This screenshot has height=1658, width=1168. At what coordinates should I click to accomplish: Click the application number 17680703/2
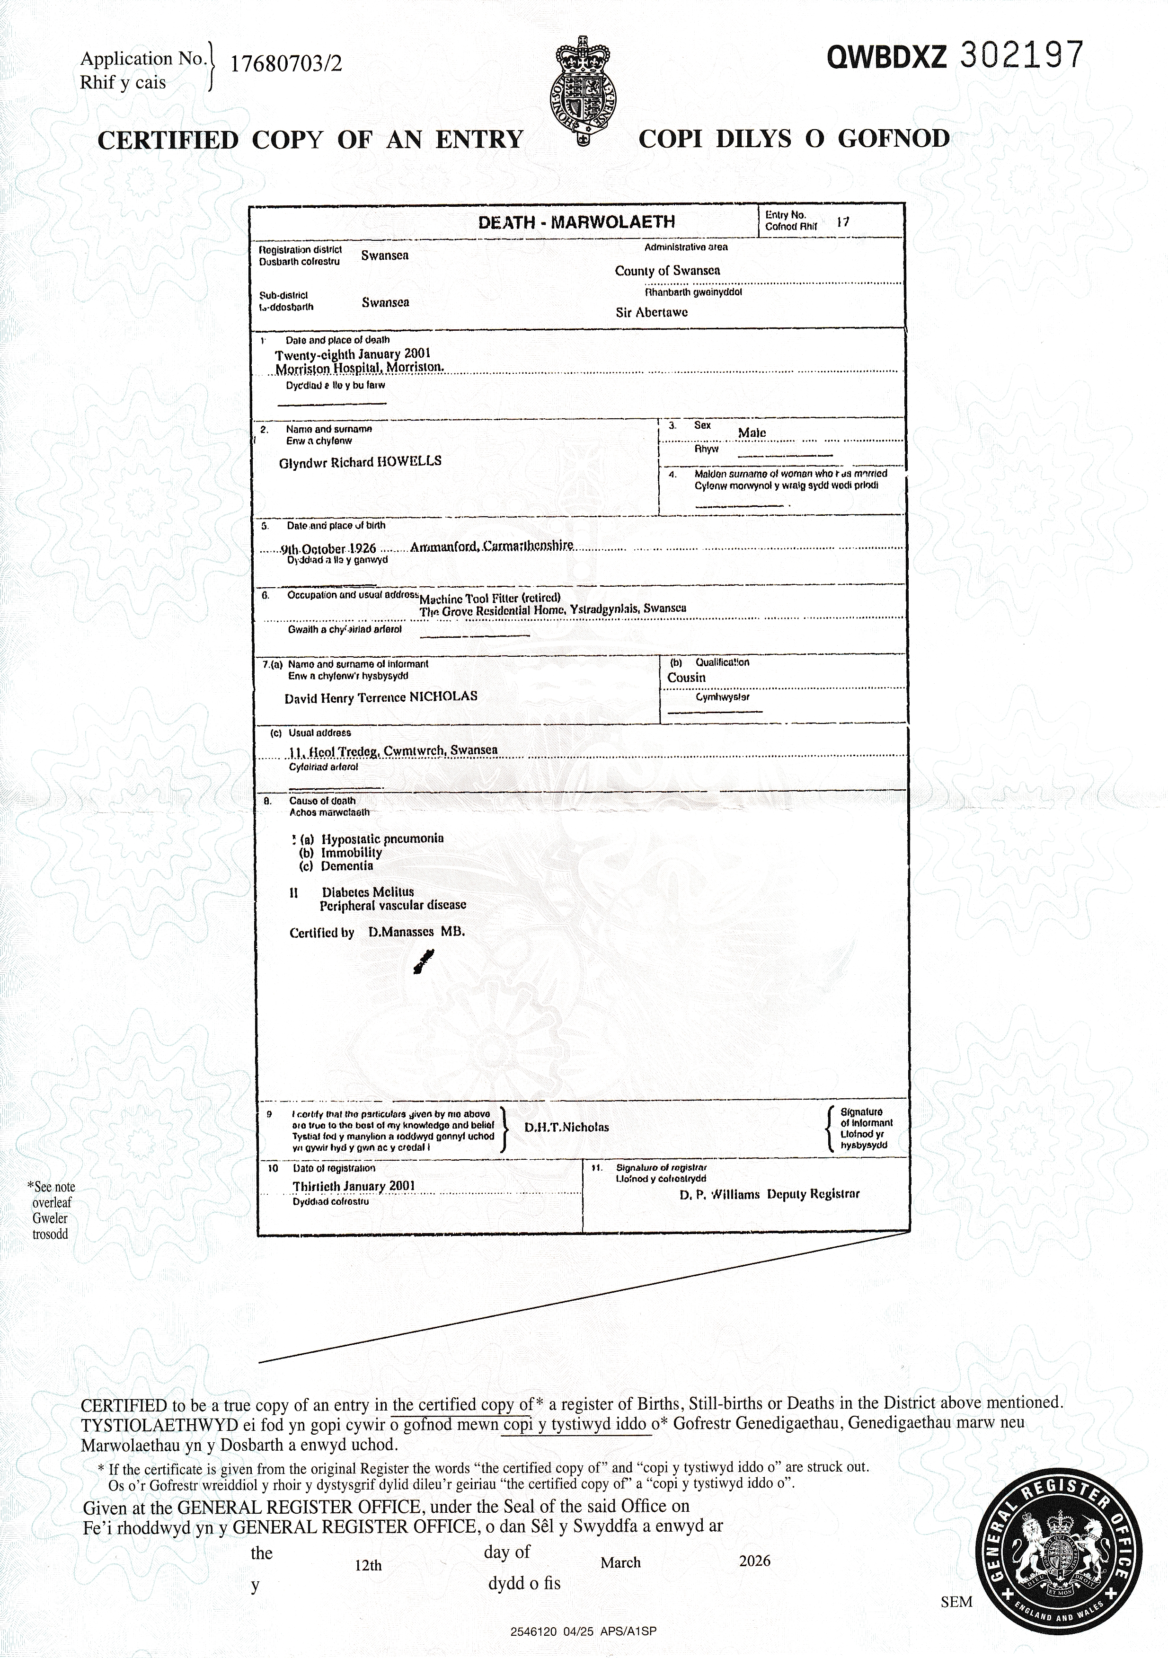coord(286,65)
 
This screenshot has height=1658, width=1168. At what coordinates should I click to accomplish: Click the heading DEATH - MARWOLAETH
coord(576,222)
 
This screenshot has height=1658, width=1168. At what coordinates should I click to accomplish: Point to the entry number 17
coord(842,222)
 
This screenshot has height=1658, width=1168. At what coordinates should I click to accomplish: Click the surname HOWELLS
coord(409,461)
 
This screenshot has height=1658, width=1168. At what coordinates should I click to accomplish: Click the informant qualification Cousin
coord(686,678)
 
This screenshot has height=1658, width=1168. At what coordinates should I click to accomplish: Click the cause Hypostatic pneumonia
coord(382,838)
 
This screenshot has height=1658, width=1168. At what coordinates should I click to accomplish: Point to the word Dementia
coord(347,866)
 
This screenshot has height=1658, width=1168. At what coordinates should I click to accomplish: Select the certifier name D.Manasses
coord(401,932)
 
